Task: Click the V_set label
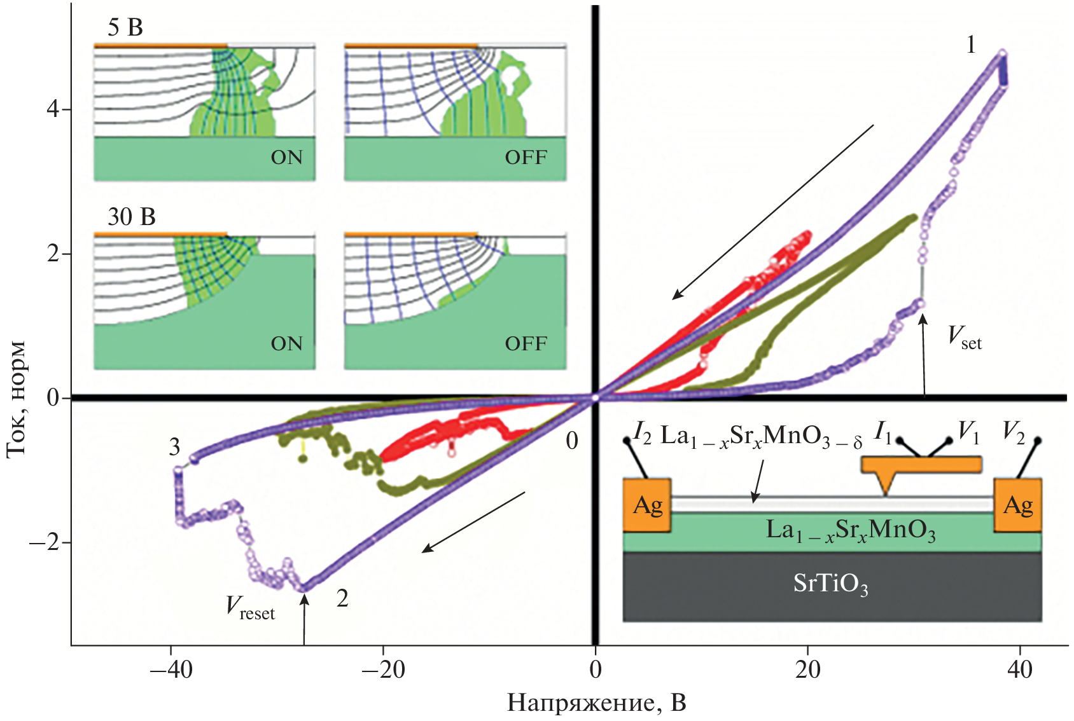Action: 965,338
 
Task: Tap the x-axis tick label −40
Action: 171,670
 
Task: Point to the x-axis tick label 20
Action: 807,670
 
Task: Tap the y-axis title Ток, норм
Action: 17,399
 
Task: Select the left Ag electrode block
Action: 647,505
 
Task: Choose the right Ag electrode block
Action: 1017,505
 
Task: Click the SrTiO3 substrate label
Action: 830,584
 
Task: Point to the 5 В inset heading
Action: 125,27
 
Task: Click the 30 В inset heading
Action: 132,217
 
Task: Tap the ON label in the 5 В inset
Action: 286,158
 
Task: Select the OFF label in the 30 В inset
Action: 526,344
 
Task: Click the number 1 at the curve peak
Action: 970,45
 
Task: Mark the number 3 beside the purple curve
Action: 174,448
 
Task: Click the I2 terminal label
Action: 643,434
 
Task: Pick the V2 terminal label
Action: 1014,432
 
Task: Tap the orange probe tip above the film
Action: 886,483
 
